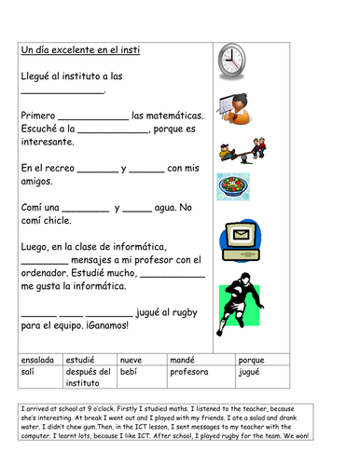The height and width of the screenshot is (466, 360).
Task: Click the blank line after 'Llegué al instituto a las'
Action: [62, 90]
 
